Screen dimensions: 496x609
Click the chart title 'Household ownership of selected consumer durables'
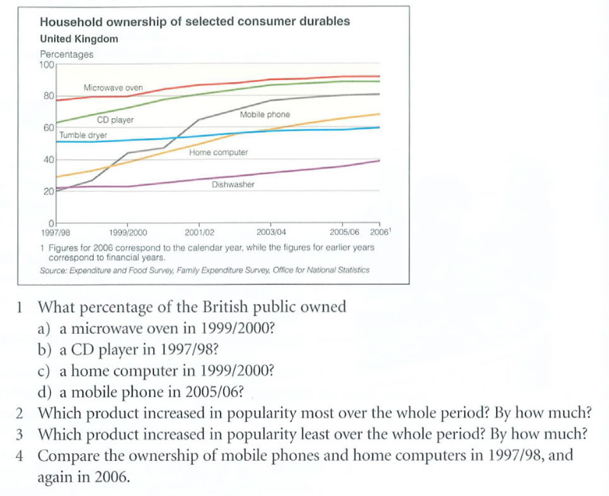[x=194, y=21]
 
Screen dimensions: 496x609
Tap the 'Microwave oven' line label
[x=113, y=88]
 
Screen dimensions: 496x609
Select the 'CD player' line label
[x=115, y=120]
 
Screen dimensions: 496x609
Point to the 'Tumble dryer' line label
[x=83, y=135]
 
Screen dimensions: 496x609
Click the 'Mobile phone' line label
[x=264, y=114]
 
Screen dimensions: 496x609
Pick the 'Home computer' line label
[x=219, y=153]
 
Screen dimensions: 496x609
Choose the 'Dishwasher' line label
[x=233, y=184]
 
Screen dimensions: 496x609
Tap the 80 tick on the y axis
[x=48, y=96]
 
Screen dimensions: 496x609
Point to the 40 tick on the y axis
[x=48, y=159]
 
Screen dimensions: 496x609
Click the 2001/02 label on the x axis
[x=199, y=232]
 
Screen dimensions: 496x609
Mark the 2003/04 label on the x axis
[x=271, y=232]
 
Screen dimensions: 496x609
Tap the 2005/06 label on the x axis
[x=345, y=232]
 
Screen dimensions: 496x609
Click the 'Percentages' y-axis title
[x=66, y=54]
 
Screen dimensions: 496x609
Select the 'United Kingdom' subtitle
[x=79, y=39]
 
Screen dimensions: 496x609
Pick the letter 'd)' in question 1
[x=46, y=394]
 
